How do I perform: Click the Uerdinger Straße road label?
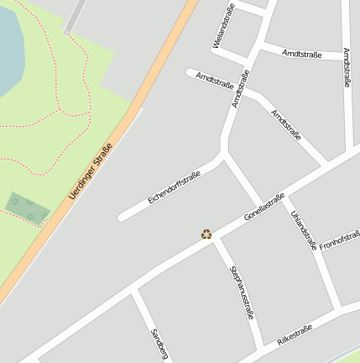point(91,172)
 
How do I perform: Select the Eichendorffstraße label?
point(174,187)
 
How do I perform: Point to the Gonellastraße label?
point(264,206)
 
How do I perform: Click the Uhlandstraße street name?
point(302,230)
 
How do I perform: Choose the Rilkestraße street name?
point(295,334)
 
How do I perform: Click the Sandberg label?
point(159,345)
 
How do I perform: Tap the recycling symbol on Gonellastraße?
point(206,234)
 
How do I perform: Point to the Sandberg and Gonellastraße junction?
point(134,290)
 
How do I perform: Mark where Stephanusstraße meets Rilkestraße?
point(263,347)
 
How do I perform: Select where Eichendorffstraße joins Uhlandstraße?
point(223,156)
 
